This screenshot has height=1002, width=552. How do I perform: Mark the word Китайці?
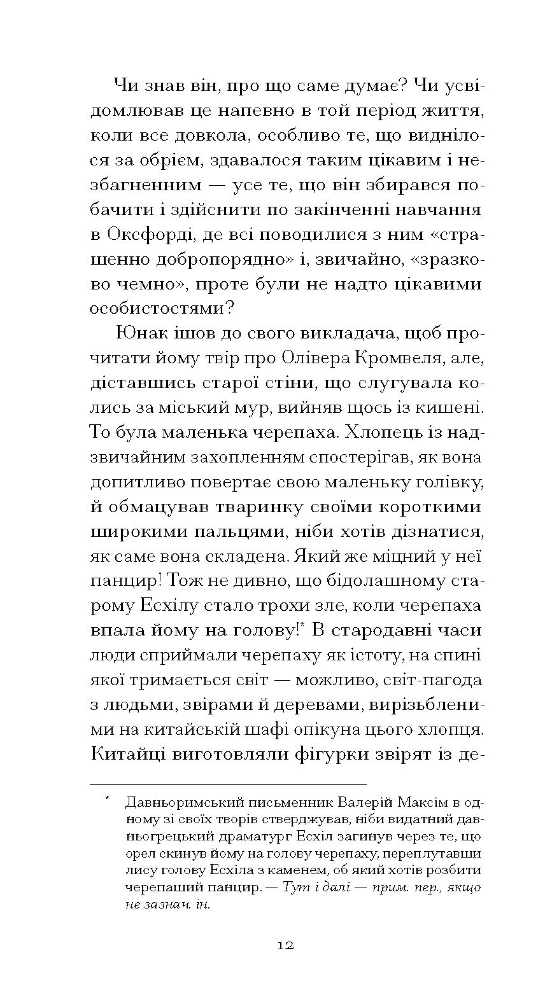click(x=129, y=754)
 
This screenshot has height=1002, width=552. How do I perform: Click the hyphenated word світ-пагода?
click(x=428, y=679)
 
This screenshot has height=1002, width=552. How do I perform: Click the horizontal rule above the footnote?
click(x=229, y=784)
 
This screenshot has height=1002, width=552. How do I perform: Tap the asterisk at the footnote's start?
click(x=109, y=797)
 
